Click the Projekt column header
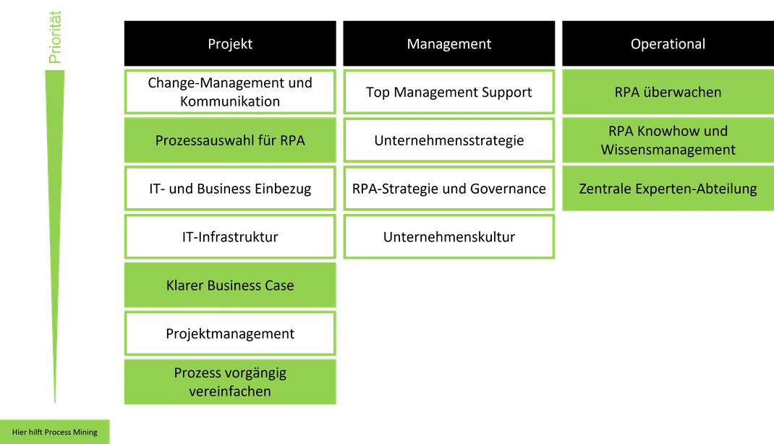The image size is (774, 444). coord(230,43)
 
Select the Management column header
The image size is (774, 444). coord(448,43)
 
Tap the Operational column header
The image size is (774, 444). coord(668,43)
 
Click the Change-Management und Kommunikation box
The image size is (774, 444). coord(230,92)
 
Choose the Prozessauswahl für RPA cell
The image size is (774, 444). coord(230,140)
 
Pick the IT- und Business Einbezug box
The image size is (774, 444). coord(230,189)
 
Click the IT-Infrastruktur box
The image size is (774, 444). coord(230,237)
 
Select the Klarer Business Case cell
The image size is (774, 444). coord(230,285)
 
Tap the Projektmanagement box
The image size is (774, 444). coord(230,333)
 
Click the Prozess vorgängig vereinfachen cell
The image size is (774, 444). coord(230,382)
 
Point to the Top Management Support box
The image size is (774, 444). coord(448,92)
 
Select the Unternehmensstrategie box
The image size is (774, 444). coord(448,140)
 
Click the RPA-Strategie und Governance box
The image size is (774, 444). coord(448,189)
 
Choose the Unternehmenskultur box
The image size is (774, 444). coord(448,237)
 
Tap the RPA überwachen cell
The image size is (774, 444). coord(668,92)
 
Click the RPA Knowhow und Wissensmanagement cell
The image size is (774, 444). coord(668,140)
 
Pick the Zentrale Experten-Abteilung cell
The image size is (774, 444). coord(668,189)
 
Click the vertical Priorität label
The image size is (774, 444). coord(55,37)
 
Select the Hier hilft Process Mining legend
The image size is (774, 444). coord(54,432)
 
